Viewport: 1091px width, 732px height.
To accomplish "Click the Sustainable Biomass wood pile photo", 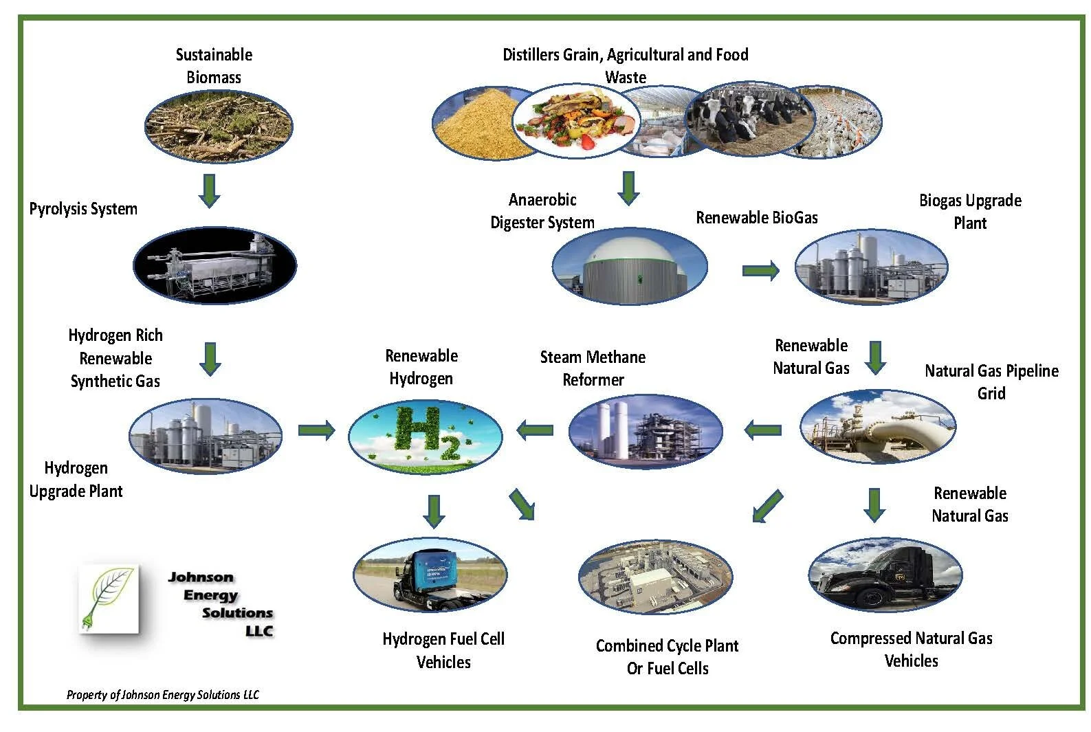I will [219, 126].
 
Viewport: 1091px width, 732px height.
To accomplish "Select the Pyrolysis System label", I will [83, 209].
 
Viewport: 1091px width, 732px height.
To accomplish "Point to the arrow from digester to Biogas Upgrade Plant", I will [760, 271].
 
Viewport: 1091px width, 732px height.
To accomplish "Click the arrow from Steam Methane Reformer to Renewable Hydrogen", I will [535, 431].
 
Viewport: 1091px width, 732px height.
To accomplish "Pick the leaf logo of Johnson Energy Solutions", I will [109, 598].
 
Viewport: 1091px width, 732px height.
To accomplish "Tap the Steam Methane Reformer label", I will [593, 368].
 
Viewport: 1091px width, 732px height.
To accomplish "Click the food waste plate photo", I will [576, 121].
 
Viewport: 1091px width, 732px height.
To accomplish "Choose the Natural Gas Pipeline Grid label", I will [991, 382].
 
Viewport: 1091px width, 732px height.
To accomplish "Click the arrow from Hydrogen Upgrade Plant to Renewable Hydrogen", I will [316, 431].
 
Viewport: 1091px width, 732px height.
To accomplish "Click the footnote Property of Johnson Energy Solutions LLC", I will [162, 695].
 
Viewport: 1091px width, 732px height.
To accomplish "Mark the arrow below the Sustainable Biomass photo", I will [209, 191].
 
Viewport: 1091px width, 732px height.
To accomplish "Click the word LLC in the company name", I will [259, 631].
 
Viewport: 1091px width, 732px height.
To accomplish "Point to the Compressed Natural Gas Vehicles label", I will [911, 650].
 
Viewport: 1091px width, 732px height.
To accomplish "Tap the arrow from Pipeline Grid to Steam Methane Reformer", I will [763, 431].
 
